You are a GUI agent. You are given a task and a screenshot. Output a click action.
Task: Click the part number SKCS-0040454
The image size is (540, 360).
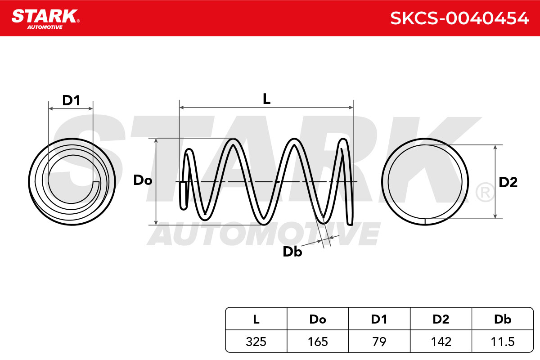(x=459, y=18)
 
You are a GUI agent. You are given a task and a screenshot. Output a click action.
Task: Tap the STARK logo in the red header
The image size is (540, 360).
(x=45, y=19)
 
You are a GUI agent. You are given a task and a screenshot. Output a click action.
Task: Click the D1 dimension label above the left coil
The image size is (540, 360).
(x=71, y=100)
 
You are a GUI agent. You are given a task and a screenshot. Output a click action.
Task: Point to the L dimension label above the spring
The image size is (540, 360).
(x=266, y=99)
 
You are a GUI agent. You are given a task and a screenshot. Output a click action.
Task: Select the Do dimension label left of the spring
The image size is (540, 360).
(x=143, y=180)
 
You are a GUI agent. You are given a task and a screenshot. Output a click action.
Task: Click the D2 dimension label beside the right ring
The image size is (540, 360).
(x=508, y=182)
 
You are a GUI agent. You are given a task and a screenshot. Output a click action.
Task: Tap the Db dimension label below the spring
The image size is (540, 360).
(x=292, y=252)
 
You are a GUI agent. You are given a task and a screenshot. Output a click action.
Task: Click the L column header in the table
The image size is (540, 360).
(x=256, y=319)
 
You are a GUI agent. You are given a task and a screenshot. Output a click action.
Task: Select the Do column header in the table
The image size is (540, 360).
(x=318, y=319)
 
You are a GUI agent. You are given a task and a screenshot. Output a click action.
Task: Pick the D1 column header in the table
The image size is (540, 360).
(x=379, y=319)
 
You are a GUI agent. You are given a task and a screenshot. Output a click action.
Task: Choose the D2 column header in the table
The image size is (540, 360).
(x=441, y=319)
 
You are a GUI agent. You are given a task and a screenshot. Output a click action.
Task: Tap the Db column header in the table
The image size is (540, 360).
(x=502, y=319)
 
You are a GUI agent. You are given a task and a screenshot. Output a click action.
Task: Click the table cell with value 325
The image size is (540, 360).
(x=256, y=342)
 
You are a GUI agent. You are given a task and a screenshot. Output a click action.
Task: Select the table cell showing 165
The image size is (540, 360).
(x=318, y=342)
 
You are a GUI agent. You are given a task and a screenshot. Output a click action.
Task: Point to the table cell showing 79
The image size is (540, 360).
(x=379, y=342)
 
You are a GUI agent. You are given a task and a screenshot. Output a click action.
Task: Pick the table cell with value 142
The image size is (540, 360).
(x=441, y=342)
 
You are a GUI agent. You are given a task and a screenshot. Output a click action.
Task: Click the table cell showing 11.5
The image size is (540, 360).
(x=502, y=342)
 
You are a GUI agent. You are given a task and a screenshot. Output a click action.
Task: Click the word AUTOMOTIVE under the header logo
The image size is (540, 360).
(x=45, y=27)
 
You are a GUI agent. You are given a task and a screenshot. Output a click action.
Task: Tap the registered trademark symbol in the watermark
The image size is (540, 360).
(x=485, y=192)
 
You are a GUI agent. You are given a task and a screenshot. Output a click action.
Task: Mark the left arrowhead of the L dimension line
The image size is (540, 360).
(x=182, y=107)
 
